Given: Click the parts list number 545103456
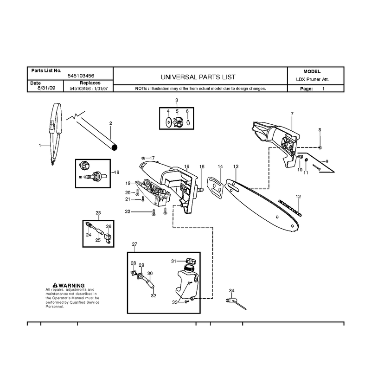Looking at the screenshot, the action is pyautogui.click(x=81, y=76).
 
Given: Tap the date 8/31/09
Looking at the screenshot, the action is pyautogui.click(x=46, y=88).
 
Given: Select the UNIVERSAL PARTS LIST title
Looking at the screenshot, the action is pyautogui.click(x=198, y=77).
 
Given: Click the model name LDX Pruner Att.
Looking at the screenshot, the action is pyautogui.click(x=312, y=79).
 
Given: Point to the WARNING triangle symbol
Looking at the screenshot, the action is pyautogui.click(x=55, y=285).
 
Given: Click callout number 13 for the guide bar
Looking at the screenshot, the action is pyautogui.click(x=236, y=166).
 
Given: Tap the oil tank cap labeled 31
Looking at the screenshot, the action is pyautogui.click(x=191, y=262).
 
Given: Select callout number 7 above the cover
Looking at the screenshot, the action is pyautogui.click(x=292, y=114).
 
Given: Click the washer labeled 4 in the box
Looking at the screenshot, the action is pyautogui.click(x=168, y=122).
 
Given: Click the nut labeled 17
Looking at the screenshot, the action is pyautogui.click(x=143, y=158).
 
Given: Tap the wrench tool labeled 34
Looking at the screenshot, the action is pyautogui.click(x=236, y=304).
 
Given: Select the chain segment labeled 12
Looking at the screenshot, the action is pyautogui.click(x=290, y=208).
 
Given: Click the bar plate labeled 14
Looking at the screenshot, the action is pyautogui.click(x=215, y=188).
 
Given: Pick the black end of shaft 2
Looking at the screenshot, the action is pyautogui.click(x=114, y=147).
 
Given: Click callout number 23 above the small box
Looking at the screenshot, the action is pyautogui.click(x=98, y=213).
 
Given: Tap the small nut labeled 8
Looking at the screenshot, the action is pyautogui.click(x=320, y=147).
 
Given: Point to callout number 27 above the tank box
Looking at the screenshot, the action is pyautogui.click(x=134, y=244).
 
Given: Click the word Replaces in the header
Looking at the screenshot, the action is pyautogui.click(x=90, y=83).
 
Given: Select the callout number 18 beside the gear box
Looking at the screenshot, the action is pyautogui.click(x=117, y=172).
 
